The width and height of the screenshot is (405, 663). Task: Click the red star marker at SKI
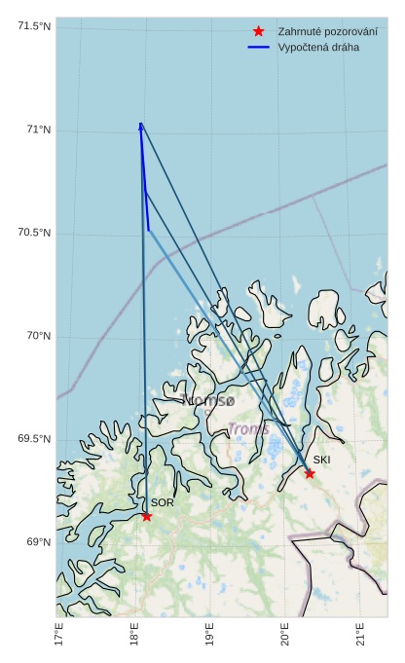coord(310,473)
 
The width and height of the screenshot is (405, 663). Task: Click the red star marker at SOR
coord(147,515)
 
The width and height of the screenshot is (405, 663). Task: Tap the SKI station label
coord(321,460)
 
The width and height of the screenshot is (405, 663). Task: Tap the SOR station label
coord(162,502)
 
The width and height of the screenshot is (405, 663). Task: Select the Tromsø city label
coord(207,400)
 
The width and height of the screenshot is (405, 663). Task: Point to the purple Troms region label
coord(248,428)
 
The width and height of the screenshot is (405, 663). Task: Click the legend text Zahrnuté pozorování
coord(327,31)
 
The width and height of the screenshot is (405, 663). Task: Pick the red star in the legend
coord(258,31)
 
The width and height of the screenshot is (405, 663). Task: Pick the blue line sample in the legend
coord(258,48)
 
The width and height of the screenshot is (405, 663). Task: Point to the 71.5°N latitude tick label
coord(34,26)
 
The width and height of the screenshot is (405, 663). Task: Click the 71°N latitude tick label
coord(39,129)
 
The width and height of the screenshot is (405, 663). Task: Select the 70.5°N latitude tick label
coord(34,233)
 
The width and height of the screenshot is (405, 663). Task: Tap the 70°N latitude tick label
coord(39,336)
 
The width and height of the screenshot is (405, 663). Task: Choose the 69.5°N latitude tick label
coord(34,439)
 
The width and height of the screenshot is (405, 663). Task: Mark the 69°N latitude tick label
coord(39,542)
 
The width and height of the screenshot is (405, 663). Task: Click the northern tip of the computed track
coord(141,124)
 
